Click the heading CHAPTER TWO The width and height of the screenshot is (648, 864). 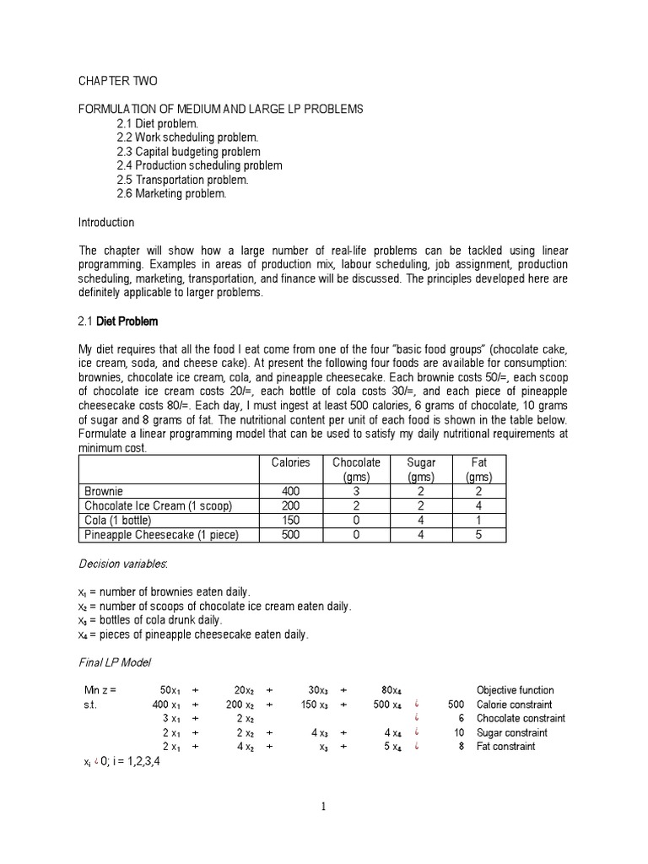pos(118,81)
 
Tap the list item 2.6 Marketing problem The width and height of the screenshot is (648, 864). pos(172,193)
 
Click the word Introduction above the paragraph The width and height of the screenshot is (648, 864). pos(106,223)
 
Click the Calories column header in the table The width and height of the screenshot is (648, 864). pos(290,462)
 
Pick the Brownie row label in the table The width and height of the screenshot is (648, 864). pos(104,491)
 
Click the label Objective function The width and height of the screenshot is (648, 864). pos(516,690)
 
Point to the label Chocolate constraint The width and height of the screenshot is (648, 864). pos(521,719)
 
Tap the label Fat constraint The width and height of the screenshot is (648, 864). pos(505,747)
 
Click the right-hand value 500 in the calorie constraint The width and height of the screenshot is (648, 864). pos(456,705)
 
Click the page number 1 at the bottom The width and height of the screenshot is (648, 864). pos(323,807)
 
